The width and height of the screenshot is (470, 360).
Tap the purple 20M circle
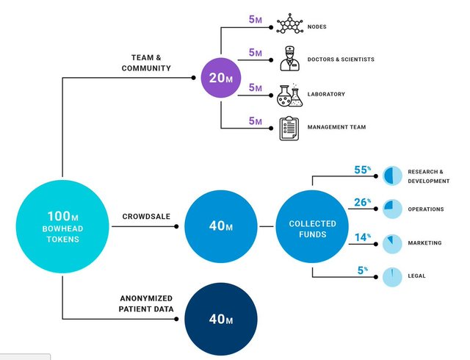[x=222, y=78]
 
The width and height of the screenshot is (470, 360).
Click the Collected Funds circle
[x=312, y=228]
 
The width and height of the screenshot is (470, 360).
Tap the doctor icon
[x=291, y=58]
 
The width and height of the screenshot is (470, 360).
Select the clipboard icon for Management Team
[x=290, y=128]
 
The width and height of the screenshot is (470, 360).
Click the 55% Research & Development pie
[x=392, y=174]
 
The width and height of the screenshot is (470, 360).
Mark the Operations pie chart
[x=392, y=209]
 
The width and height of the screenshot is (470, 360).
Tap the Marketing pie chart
[x=392, y=242]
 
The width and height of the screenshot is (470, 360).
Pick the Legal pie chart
[x=392, y=276]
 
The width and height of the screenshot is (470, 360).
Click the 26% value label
[x=362, y=202]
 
